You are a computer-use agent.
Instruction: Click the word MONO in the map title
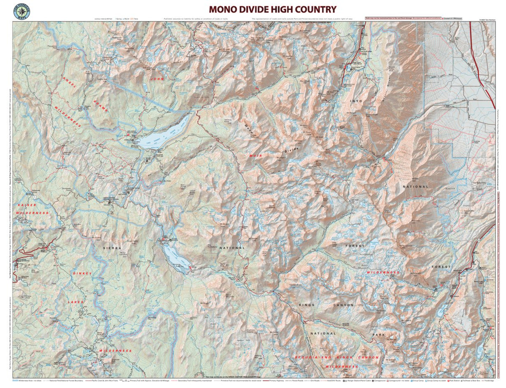click(x=224, y=9)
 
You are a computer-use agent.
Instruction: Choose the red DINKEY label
click(x=82, y=273)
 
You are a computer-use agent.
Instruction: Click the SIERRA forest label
click(x=112, y=248)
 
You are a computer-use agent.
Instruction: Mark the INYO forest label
click(x=356, y=101)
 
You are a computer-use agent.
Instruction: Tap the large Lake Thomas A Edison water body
click(x=162, y=135)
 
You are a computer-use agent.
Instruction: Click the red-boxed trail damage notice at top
click(x=403, y=19)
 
